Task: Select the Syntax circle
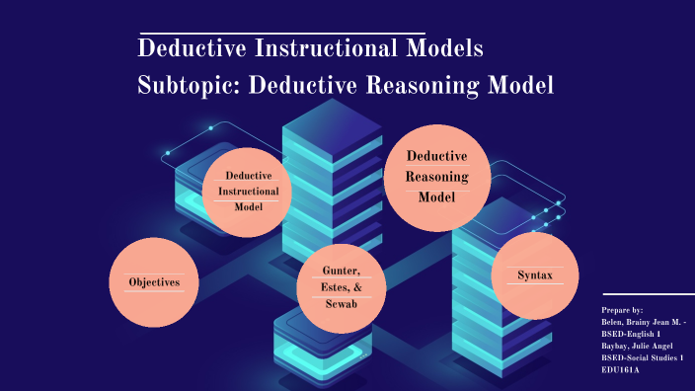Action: tap(534, 275)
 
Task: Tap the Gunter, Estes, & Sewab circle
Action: tap(341, 287)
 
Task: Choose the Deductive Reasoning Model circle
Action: tap(435, 177)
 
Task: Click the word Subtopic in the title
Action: tap(188, 85)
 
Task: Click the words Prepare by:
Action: tap(622, 310)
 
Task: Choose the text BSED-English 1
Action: tap(630, 334)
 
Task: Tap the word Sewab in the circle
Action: tap(341, 304)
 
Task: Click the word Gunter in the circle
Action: tap(341, 271)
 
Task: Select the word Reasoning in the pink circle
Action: tap(435, 177)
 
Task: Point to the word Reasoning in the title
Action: tap(427, 85)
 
